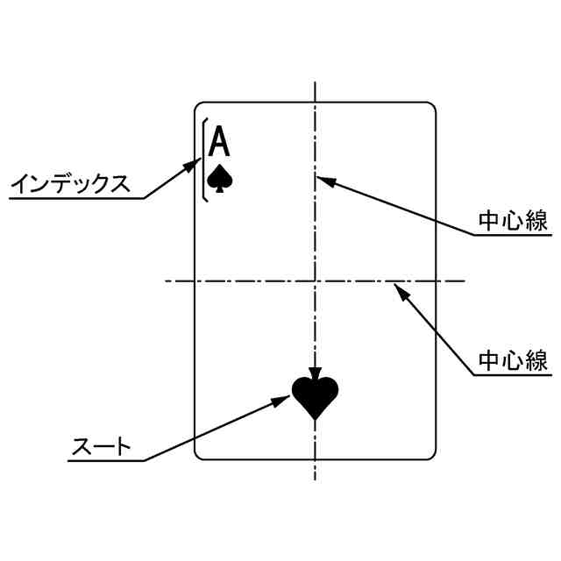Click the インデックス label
tap(70, 184)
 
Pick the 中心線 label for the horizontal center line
tap(514, 360)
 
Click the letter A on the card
tap(221, 142)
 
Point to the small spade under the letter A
tap(221, 178)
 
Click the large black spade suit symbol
tap(315, 397)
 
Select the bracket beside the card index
tap(204, 160)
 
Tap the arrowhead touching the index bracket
tap(195, 164)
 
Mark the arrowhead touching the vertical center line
tap(323, 179)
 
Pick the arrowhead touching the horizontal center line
tap(399, 288)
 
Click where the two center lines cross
tap(315, 281)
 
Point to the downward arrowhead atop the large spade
tap(315, 372)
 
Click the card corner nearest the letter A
tap(196, 105)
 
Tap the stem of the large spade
tap(315, 423)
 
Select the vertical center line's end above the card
tap(315, 82)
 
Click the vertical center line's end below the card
tap(315, 479)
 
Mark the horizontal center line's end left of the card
tap(167, 281)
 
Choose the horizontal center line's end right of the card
tap(464, 281)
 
